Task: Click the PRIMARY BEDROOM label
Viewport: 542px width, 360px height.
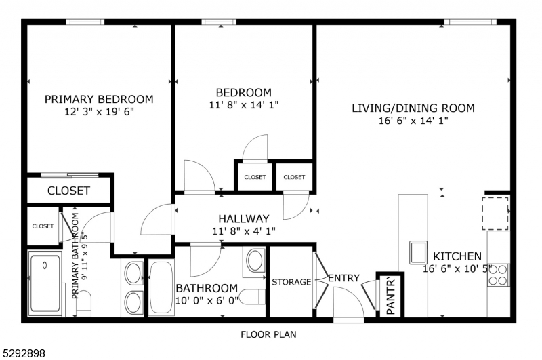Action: point(99,99)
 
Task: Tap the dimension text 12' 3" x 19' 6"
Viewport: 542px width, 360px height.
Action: point(99,111)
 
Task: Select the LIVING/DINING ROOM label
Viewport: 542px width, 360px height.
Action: point(413,108)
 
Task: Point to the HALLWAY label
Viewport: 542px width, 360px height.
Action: point(243,219)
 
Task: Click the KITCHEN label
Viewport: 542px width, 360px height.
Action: point(457,256)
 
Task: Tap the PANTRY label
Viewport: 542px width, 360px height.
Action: point(391,296)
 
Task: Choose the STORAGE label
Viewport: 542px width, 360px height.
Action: point(291,282)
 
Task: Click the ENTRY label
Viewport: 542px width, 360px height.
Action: point(343,279)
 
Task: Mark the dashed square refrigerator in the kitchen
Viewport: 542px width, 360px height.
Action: point(495,213)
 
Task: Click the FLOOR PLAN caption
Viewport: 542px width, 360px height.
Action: point(268,334)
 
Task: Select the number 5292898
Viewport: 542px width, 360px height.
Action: point(24,353)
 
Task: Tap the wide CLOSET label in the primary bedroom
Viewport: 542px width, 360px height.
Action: point(68,191)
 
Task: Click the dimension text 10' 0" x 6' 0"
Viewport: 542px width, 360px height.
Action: point(207,300)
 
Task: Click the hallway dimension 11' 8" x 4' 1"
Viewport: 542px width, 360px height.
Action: point(243,231)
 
